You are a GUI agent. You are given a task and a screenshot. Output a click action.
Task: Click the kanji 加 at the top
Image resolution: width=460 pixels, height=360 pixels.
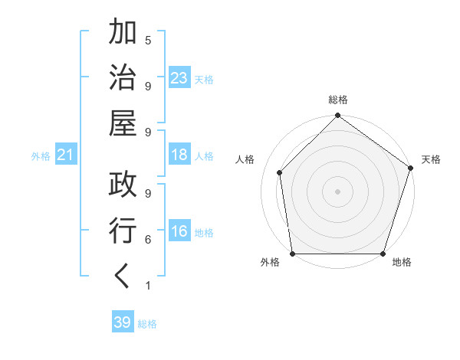tap(123, 34)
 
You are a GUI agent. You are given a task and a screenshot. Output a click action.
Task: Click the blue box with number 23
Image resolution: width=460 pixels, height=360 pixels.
tap(179, 78)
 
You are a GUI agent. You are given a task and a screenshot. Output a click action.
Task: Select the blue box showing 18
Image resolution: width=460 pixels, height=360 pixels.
tap(179, 155)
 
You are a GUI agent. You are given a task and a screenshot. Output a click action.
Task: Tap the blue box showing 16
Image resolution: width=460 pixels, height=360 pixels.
tap(179, 232)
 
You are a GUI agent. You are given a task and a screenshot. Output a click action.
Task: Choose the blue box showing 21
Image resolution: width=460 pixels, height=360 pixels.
tap(66, 155)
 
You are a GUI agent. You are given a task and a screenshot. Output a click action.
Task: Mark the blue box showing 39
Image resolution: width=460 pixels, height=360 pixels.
tap(122, 322)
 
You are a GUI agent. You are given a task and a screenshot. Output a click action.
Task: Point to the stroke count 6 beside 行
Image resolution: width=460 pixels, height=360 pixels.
tap(147, 240)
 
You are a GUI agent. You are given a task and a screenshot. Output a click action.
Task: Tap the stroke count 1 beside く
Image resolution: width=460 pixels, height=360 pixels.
tap(147, 286)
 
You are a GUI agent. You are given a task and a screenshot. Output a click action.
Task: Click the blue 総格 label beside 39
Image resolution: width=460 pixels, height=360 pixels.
tap(148, 324)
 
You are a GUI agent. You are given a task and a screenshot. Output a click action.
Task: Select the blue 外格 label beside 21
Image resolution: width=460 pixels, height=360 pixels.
tap(41, 156)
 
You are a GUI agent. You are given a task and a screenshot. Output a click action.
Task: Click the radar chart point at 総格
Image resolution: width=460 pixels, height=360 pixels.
tap(337, 116)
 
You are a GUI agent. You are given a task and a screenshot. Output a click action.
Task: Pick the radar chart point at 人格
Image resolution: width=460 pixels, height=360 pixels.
tap(280, 172)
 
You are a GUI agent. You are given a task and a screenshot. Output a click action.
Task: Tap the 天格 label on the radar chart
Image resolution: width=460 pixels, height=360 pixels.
tap(431, 159)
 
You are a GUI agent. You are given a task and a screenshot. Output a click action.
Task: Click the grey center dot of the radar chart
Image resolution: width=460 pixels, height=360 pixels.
tap(337, 191)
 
